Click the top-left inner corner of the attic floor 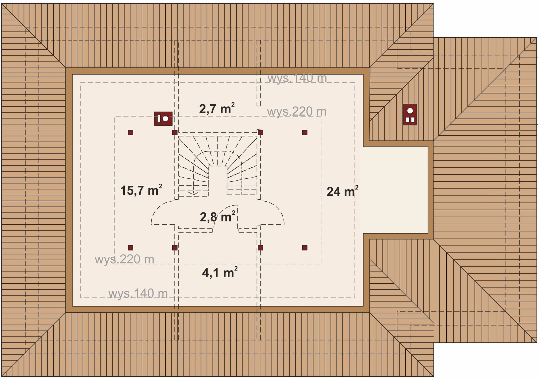(x=72, y=74)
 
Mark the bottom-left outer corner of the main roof (x=1, y=376)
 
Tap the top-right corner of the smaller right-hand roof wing (x=537, y=37)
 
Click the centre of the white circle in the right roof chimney (x=410, y=111)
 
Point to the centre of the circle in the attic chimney (x=166, y=119)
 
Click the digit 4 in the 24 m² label (x=337, y=192)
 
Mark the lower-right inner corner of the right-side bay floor (x=428, y=233)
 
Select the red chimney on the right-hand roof (x=410, y=114)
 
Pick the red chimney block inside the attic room (x=163, y=119)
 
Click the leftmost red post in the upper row (x=131, y=133)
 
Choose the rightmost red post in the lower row (x=305, y=248)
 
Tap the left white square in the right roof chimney (x=408, y=120)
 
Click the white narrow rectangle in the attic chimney (x=159, y=119)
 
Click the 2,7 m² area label (x=217, y=108)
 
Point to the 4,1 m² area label (x=220, y=272)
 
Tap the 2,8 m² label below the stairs (x=218, y=217)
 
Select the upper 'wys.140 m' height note (x=297, y=78)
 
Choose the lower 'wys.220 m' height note (x=124, y=259)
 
